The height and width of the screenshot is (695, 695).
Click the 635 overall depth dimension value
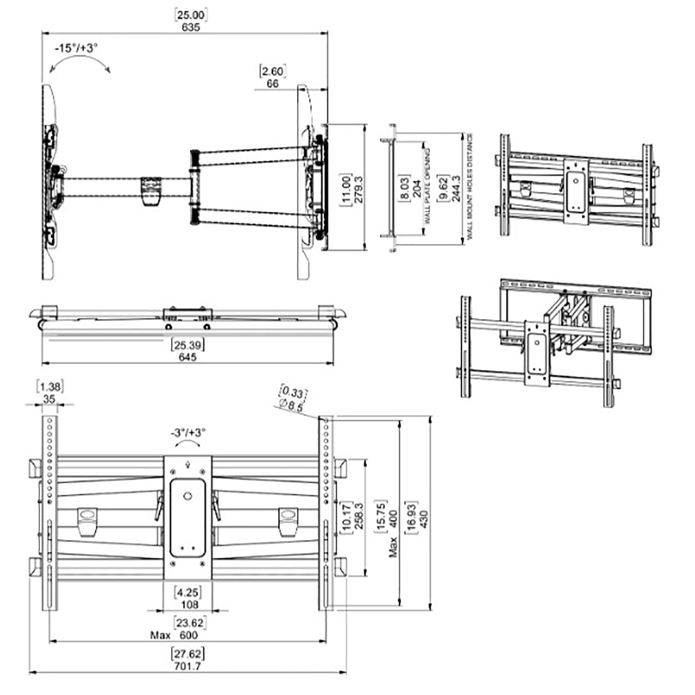(x=190, y=27)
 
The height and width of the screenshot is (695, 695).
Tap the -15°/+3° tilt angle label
(x=76, y=48)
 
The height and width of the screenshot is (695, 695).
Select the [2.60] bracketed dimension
(x=272, y=71)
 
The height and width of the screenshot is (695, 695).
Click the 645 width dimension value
(x=188, y=357)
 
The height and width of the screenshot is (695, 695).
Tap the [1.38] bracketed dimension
(x=49, y=386)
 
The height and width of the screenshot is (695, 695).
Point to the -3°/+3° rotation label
(x=188, y=433)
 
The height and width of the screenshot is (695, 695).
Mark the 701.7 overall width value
(x=188, y=666)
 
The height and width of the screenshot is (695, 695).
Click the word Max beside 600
(x=160, y=635)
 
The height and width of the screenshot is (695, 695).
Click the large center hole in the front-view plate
(x=187, y=496)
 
